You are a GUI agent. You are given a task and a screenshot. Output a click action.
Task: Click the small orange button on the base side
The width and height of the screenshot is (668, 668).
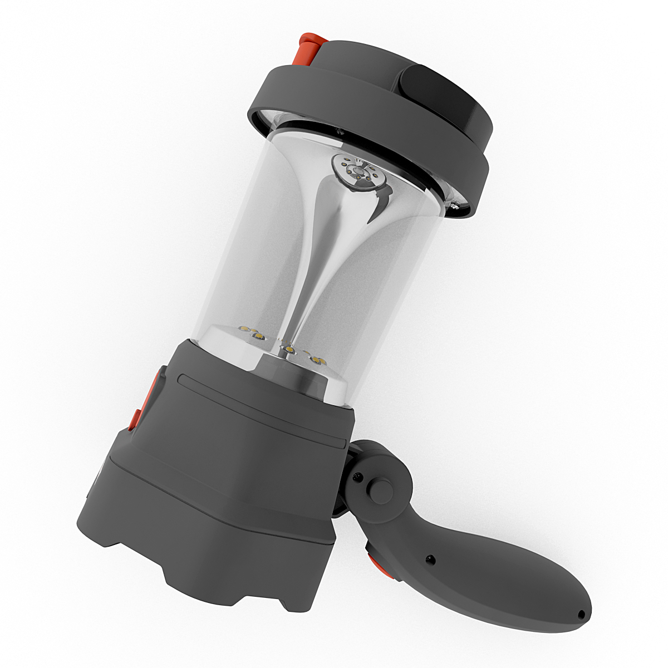pos(134,420)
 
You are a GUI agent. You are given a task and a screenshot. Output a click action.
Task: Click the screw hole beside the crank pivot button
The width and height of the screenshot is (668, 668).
pos(358,477)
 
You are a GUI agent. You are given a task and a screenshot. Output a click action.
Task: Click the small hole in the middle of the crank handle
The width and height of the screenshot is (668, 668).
pos(430,557)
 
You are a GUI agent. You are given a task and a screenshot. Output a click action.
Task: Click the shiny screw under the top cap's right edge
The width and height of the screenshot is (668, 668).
pos(454,207)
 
